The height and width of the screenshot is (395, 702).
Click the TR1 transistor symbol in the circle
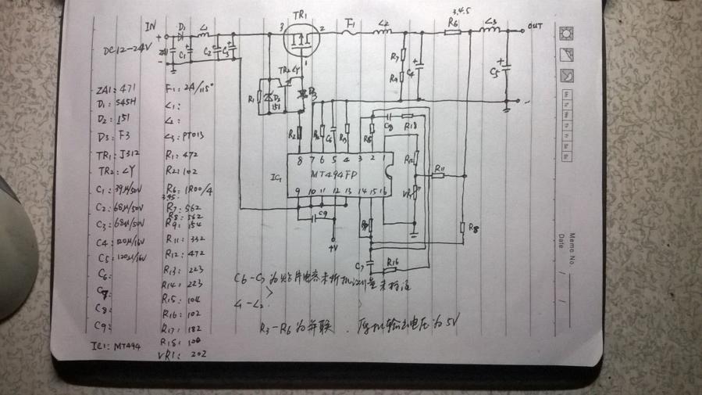point(300,38)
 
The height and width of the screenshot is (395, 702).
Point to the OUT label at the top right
point(535,26)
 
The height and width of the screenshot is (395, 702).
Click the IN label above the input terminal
point(151,27)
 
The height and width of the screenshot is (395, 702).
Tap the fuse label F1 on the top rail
point(350,23)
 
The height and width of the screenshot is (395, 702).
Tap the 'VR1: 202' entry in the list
point(187,354)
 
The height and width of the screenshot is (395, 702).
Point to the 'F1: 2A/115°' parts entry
point(191,87)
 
